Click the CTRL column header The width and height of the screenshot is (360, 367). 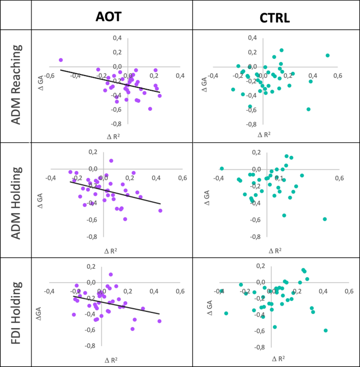pyautogui.click(x=275, y=17)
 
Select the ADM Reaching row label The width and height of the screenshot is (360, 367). pyautogui.click(x=16, y=85)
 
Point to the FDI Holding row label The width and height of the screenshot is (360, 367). pyautogui.click(x=16, y=312)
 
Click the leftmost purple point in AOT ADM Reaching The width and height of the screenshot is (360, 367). pyautogui.click(x=61, y=60)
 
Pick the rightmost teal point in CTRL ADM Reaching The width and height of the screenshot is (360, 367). pyautogui.click(x=327, y=55)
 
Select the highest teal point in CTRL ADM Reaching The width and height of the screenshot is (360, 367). pyautogui.click(x=282, y=50)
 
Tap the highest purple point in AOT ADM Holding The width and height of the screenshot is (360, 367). pyautogui.click(x=111, y=161)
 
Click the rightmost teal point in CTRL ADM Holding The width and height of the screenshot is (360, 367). pyautogui.click(x=325, y=219)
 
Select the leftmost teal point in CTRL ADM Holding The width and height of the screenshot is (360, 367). pyautogui.click(x=222, y=169)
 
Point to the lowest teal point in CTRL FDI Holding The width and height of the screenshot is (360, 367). pyautogui.click(x=326, y=330)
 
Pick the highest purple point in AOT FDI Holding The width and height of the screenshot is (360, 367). pyautogui.click(x=111, y=274)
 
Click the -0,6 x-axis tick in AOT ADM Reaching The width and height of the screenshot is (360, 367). pyautogui.click(x=49, y=76)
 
